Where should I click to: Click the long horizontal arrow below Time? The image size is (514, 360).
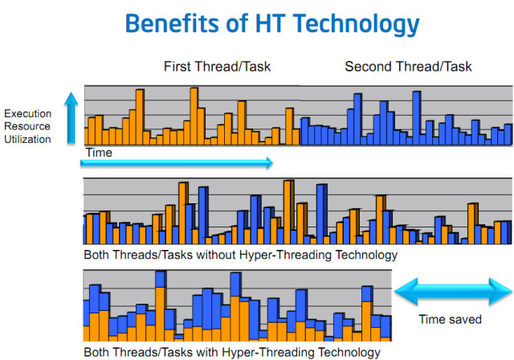click(x=177, y=163)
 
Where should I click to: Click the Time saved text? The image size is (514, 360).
click(x=450, y=319)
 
